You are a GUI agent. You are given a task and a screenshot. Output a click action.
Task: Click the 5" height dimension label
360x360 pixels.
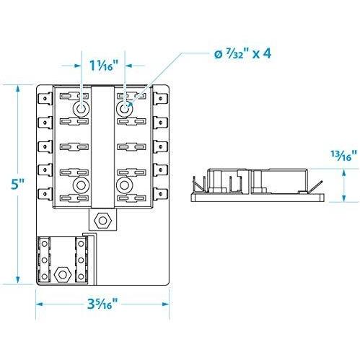click(17, 184)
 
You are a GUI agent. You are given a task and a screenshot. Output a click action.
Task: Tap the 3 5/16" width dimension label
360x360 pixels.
click(102, 304)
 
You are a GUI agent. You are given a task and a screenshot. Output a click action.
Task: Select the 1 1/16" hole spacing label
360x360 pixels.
click(104, 65)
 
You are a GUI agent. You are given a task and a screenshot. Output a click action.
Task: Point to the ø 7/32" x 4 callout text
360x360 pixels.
click(242, 54)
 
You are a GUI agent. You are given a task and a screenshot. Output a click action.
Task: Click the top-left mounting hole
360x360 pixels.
click(82, 109)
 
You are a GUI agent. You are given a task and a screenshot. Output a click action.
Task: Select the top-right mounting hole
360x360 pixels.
click(124, 109)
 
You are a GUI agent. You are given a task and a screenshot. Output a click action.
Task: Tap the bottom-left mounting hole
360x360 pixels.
click(82, 185)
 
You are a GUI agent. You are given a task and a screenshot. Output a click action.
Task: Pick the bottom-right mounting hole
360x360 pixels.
click(124, 185)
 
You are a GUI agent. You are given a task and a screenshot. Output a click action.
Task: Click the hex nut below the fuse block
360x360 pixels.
click(102, 220)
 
